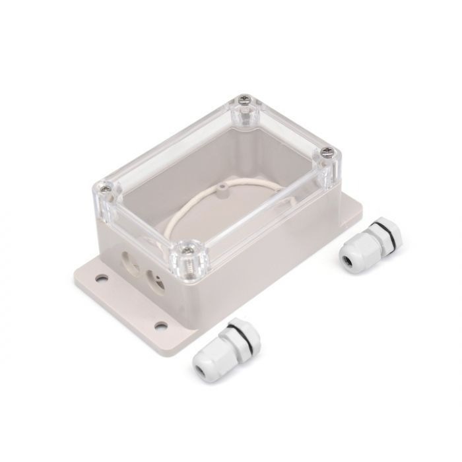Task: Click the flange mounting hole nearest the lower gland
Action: [160, 324]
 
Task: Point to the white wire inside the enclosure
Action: [198, 198]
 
